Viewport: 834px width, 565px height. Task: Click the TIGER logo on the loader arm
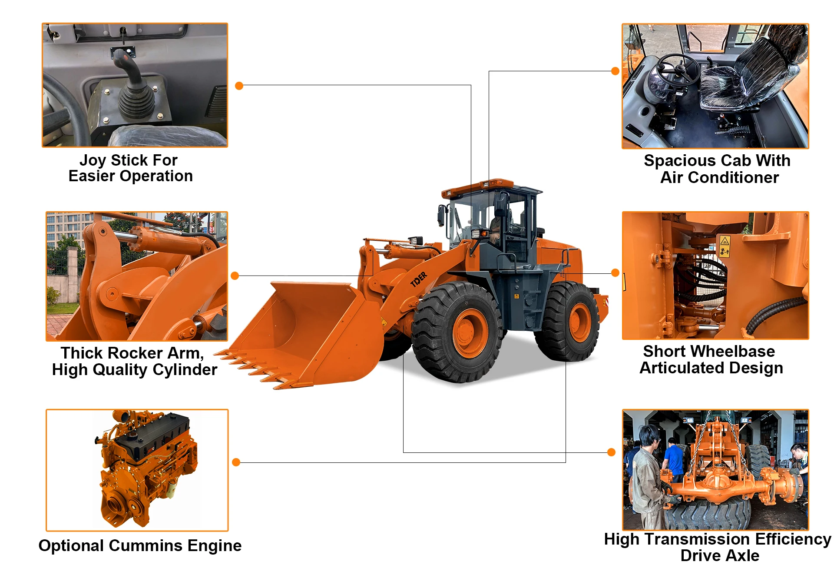point(419,279)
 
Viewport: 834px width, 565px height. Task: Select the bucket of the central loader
point(300,335)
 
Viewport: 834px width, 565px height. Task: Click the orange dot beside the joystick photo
point(239,86)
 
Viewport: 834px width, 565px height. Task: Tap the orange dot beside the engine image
point(236,462)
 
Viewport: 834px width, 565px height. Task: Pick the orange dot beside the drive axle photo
point(611,452)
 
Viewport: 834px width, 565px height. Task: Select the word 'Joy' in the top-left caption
point(92,160)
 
